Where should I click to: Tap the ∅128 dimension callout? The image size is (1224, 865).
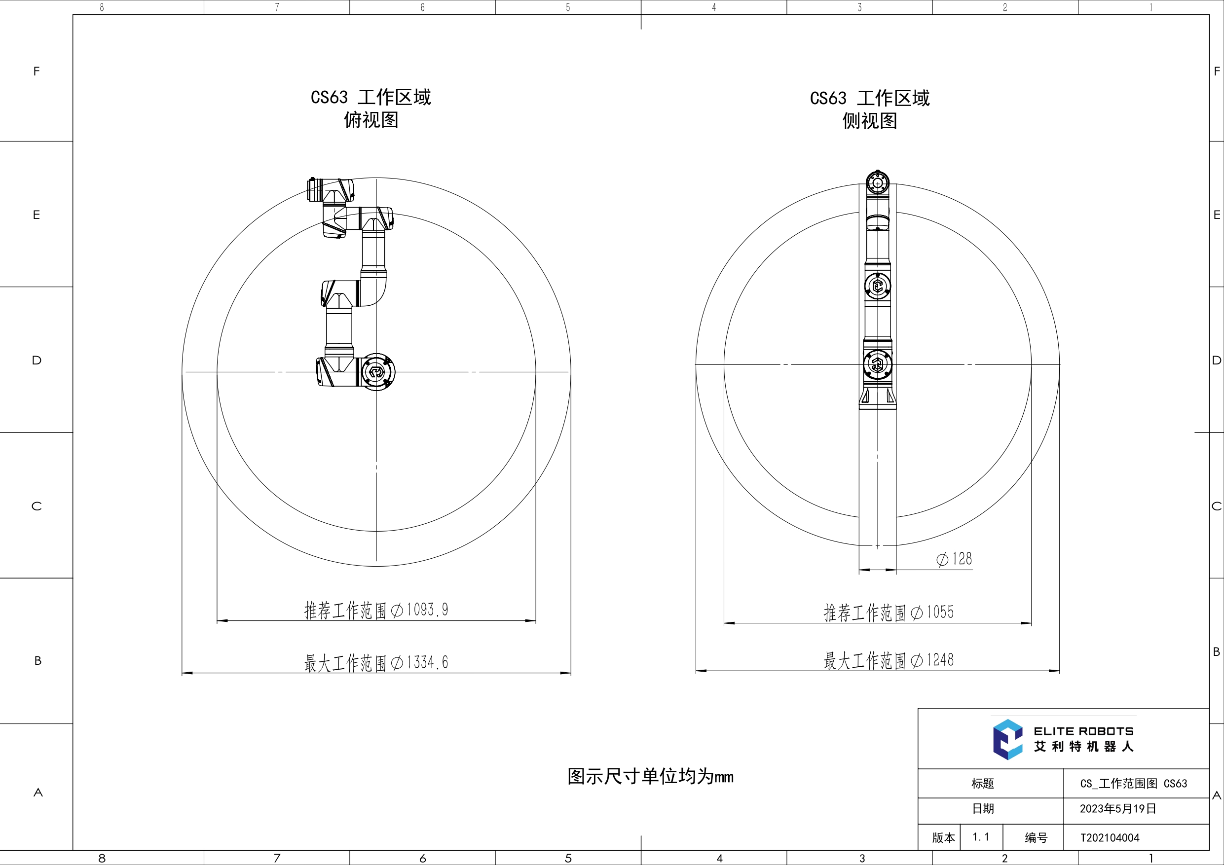954,559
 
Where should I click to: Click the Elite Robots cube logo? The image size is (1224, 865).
1007,739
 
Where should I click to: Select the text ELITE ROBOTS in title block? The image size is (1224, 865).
1084,731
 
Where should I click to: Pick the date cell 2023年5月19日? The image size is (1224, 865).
1118,808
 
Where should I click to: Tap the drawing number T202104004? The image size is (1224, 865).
1110,838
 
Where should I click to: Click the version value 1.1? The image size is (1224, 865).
981,837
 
